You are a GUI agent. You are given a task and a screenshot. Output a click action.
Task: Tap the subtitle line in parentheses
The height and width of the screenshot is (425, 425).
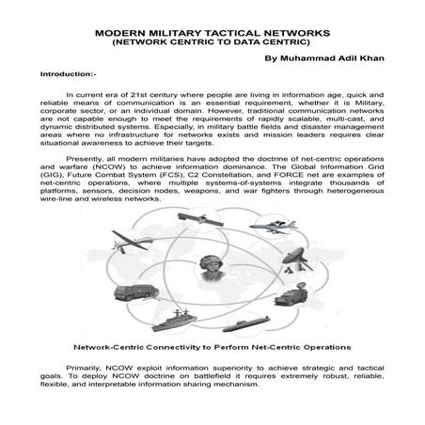click(x=212, y=42)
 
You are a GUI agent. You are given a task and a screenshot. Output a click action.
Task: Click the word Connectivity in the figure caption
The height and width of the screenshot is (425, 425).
click(x=176, y=346)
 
